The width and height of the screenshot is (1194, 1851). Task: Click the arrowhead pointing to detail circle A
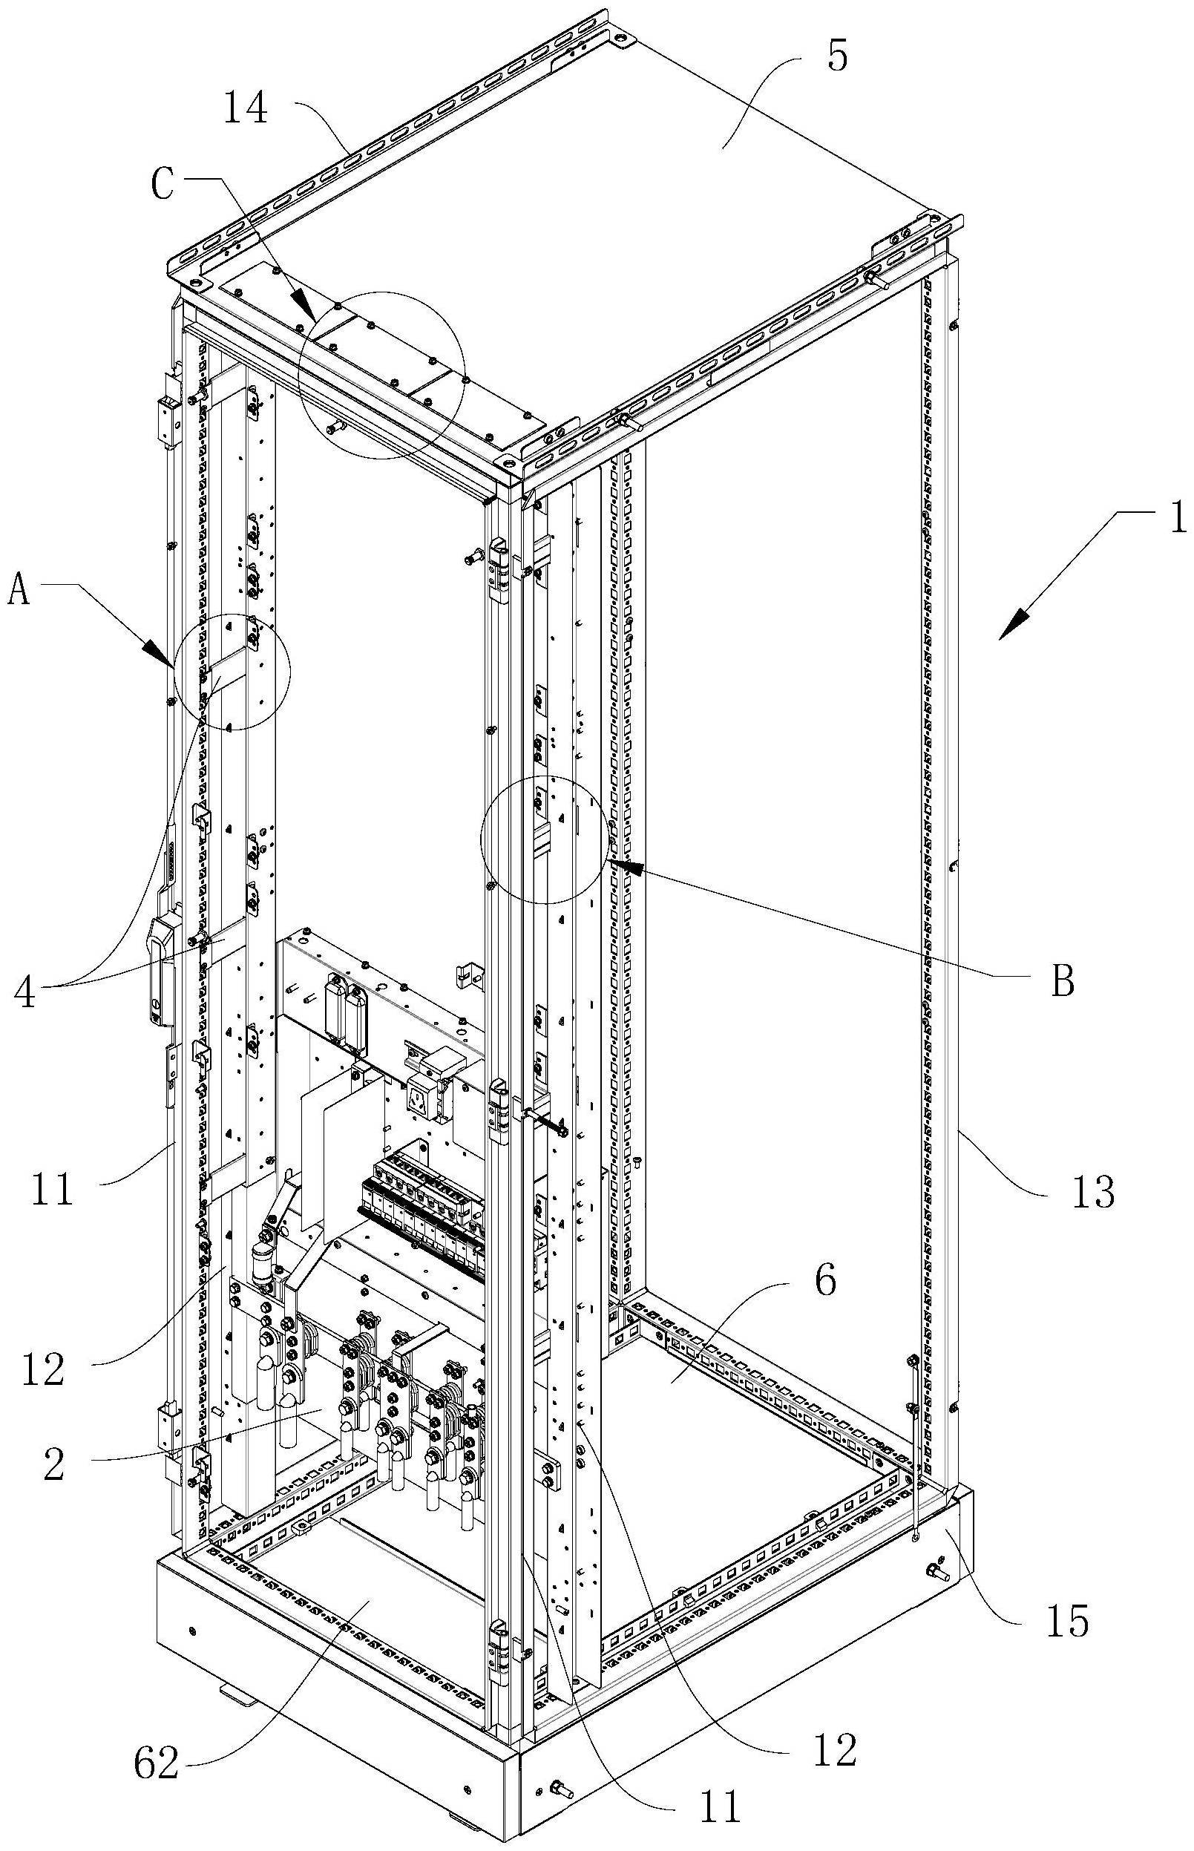(x=163, y=655)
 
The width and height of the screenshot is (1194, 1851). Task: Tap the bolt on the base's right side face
(x=937, y=1571)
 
